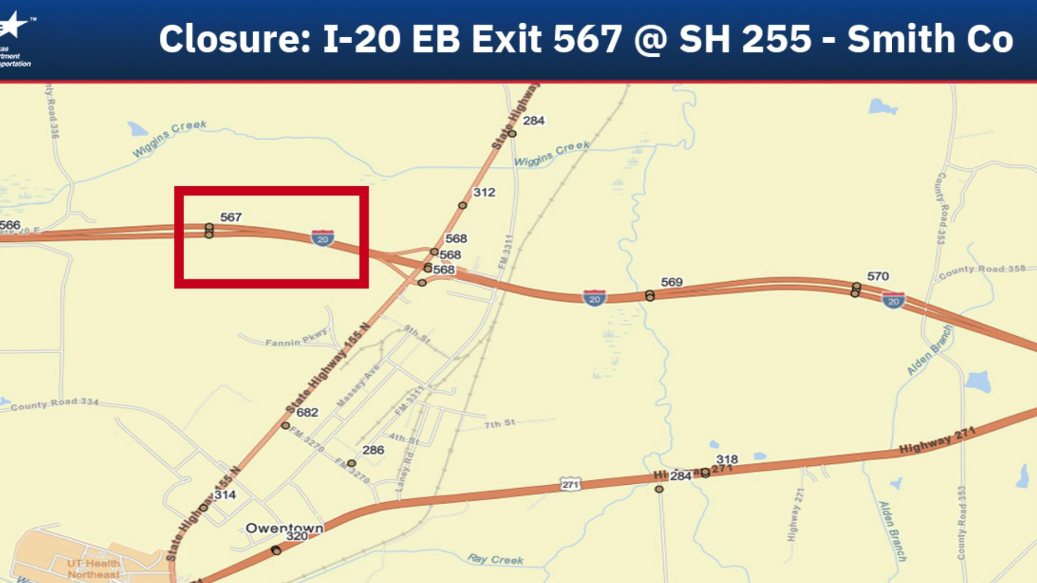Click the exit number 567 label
[x=231, y=217]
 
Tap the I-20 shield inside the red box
[x=322, y=238]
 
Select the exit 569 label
[x=671, y=282]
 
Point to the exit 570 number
[x=878, y=276]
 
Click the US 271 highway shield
[x=570, y=484]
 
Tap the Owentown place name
[x=284, y=527]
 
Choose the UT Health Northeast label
[x=93, y=568]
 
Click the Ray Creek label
[x=495, y=560]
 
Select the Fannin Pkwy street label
[x=297, y=338]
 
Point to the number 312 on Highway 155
[x=484, y=192]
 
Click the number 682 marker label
[x=307, y=412]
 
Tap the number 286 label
[x=373, y=450]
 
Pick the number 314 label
[x=225, y=494]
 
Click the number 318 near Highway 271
[x=727, y=459]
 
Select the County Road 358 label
[x=982, y=271]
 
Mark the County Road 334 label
[x=55, y=404]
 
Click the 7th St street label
[x=500, y=424]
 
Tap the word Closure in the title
[x=234, y=39]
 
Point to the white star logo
[x=15, y=24]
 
